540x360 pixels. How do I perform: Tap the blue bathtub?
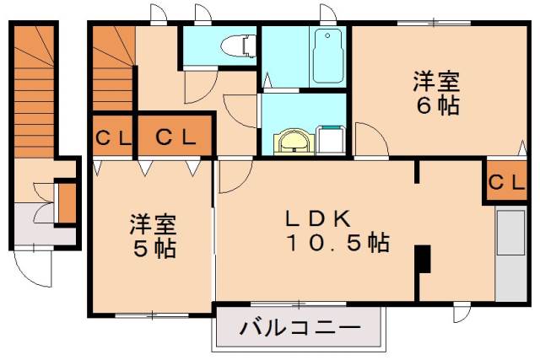(x=326, y=55)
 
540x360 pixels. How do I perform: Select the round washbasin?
(x=294, y=142)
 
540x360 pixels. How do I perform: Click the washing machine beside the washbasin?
(x=332, y=139)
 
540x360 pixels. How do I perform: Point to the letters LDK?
(x=316, y=218)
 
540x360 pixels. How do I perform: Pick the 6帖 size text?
(x=435, y=108)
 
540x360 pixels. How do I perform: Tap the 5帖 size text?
(x=153, y=250)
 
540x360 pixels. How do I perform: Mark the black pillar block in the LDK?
(x=424, y=259)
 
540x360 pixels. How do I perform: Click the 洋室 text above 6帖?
(x=436, y=83)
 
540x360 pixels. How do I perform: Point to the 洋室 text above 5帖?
(x=153, y=225)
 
